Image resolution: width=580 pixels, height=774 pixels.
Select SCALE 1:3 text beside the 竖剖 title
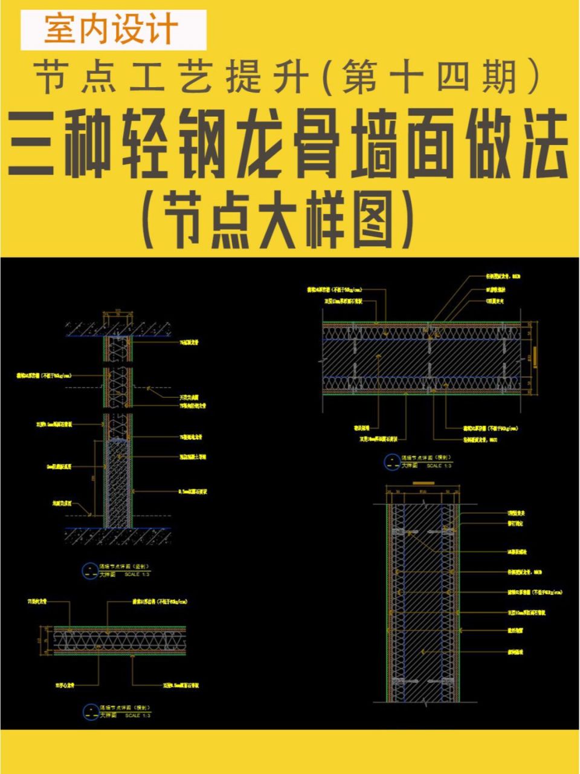[137, 574]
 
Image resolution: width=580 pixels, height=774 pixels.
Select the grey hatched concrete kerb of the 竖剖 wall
[117, 484]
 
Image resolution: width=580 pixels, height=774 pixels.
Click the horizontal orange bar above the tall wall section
[422, 483]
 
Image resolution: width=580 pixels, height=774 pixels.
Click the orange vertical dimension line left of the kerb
[94, 478]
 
